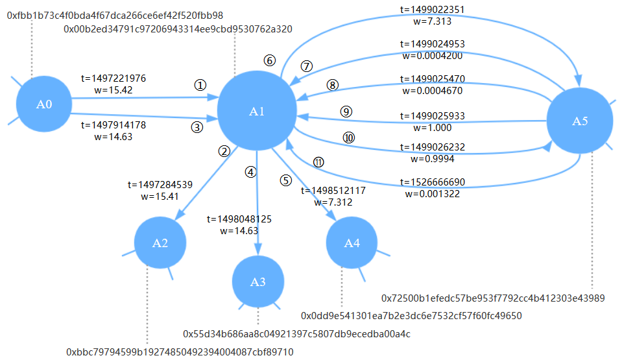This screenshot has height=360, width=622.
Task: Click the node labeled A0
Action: [44, 104]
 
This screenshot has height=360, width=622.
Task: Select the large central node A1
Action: [257, 111]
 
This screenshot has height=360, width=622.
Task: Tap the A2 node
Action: [160, 243]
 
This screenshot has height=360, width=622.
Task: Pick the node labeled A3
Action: [258, 282]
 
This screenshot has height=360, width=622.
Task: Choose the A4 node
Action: [352, 243]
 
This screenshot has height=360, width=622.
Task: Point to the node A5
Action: [580, 121]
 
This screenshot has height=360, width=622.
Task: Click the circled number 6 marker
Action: [270, 61]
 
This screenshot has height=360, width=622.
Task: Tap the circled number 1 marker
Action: [200, 85]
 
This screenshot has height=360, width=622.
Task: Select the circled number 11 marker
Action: [318, 162]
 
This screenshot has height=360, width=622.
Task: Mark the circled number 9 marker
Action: [346, 112]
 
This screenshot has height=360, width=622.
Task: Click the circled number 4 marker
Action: [251, 172]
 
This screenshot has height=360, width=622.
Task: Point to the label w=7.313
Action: [433, 21]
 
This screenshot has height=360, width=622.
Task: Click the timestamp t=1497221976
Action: [114, 78]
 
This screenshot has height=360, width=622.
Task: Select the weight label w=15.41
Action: [160, 197]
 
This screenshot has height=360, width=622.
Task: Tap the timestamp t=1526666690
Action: [433, 182]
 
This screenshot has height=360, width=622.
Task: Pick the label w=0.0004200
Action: [433, 56]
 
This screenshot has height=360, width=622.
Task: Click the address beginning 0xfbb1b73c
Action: [115, 16]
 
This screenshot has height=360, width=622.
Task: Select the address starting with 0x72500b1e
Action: [493, 298]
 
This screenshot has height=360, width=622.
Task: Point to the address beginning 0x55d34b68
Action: [296, 334]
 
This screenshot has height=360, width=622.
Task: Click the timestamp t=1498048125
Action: [239, 219]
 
